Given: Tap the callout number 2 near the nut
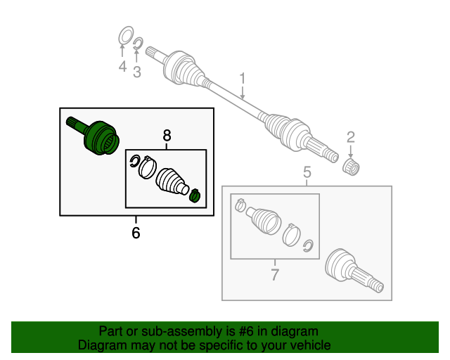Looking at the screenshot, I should click(349, 137).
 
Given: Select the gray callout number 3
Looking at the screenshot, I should click(137, 71).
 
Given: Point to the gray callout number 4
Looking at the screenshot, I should click(122, 67).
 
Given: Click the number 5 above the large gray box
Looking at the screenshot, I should click(307, 172).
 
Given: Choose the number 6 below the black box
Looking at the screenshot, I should click(136, 232).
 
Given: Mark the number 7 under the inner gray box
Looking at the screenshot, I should click(275, 274).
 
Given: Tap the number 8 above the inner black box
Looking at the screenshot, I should click(167, 135).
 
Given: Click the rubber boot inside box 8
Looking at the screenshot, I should click(172, 180).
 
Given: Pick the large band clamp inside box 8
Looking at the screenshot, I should click(147, 169).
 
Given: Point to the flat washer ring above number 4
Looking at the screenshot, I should click(124, 35).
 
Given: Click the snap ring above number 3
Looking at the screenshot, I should click(138, 46).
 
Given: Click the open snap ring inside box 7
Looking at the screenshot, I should click(307, 245).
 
